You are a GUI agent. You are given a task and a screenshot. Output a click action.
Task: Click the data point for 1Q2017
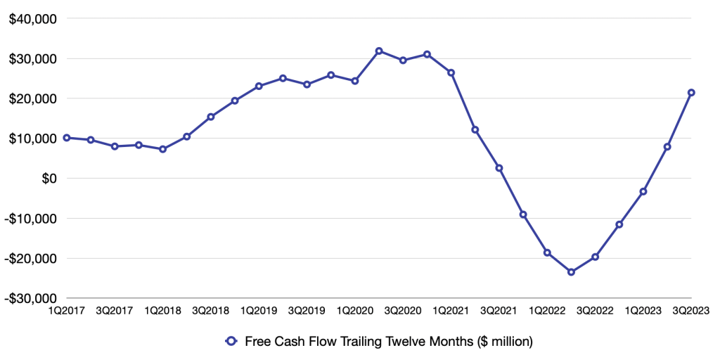67,138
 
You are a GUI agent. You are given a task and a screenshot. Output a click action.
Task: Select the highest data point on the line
379,51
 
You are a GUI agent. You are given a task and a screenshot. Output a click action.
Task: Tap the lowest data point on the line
571,272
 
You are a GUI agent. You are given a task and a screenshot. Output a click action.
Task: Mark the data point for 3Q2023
691,93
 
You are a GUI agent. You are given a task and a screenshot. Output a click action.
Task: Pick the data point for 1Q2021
451,72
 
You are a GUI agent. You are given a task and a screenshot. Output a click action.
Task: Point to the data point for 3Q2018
211,117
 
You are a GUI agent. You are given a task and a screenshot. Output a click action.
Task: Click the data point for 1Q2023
643,191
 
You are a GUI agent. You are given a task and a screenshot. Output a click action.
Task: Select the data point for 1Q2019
259,86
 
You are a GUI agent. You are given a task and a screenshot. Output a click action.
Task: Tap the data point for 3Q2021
499,168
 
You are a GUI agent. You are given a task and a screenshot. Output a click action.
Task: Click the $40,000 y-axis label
32,19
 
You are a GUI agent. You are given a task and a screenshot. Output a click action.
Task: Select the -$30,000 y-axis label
31,298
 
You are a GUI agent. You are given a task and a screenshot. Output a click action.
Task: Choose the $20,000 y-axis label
32,98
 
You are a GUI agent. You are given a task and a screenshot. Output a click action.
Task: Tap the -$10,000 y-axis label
31,218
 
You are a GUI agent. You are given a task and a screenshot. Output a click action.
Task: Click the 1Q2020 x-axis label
355,310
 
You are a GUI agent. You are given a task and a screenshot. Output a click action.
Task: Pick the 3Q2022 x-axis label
595,310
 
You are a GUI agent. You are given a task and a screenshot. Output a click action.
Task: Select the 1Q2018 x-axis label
162,310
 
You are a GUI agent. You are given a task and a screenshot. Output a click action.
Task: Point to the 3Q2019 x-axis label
307,310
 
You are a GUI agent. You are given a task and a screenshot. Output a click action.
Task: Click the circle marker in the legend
230,342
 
